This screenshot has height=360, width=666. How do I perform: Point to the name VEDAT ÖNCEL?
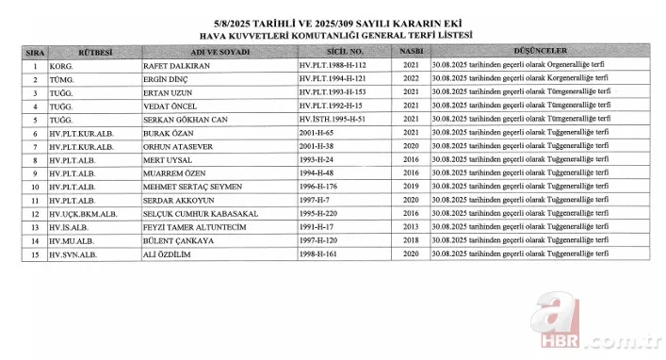(x=171, y=106)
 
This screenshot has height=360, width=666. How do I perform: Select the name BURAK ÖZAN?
(x=168, y=134)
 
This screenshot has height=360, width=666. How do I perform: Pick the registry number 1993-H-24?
(x=317, y=160)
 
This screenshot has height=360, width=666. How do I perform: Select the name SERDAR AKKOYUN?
(x=178, y=201)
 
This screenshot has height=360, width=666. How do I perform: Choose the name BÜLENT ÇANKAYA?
(x=179, y=241)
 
